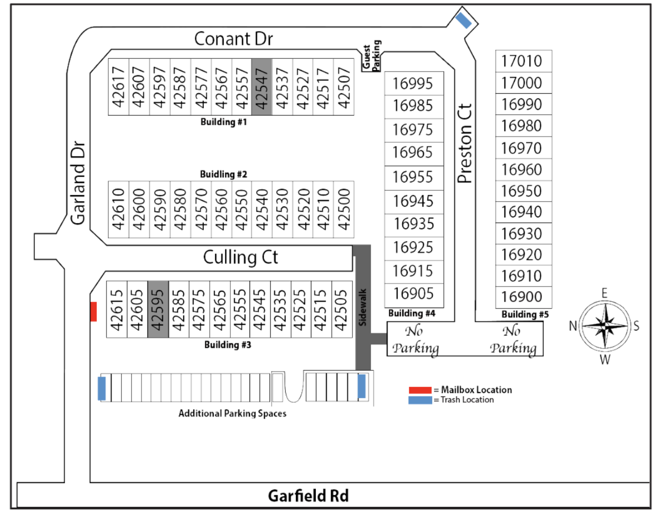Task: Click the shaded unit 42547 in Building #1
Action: click(261, 87)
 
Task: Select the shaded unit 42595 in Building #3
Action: click(158, 309)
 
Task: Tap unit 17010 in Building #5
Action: click(523, 61)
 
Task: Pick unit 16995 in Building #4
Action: click(413, 83)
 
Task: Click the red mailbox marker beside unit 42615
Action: click(93, 311)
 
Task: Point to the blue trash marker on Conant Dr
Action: click(463, 20)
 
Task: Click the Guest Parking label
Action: click(371, 55)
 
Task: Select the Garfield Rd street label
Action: click(308, 495)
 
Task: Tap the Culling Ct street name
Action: click(240, 257)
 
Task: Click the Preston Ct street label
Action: click(465, 143)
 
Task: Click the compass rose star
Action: click(605, 326)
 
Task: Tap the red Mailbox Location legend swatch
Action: click(420, 390)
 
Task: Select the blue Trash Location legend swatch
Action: click(420, 400)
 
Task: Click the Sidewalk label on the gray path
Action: click(362, 307)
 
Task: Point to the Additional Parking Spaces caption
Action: click(232, 413)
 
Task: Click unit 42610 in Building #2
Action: click(118, 209)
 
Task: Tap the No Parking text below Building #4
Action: click(416, 339)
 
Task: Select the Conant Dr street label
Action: click(233, 39)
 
